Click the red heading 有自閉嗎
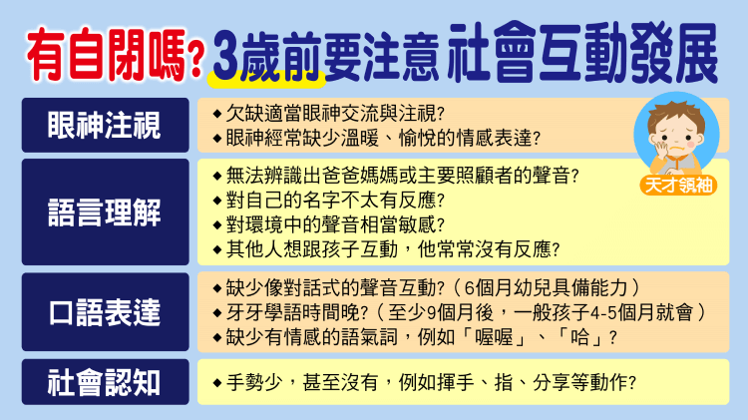106,55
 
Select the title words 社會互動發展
583,53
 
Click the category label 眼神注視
105,126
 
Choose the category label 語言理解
105,212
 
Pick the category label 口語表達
105,312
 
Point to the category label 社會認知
104,382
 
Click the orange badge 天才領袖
678,186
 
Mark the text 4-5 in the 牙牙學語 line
605,313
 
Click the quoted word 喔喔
494,337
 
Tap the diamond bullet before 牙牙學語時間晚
217,313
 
